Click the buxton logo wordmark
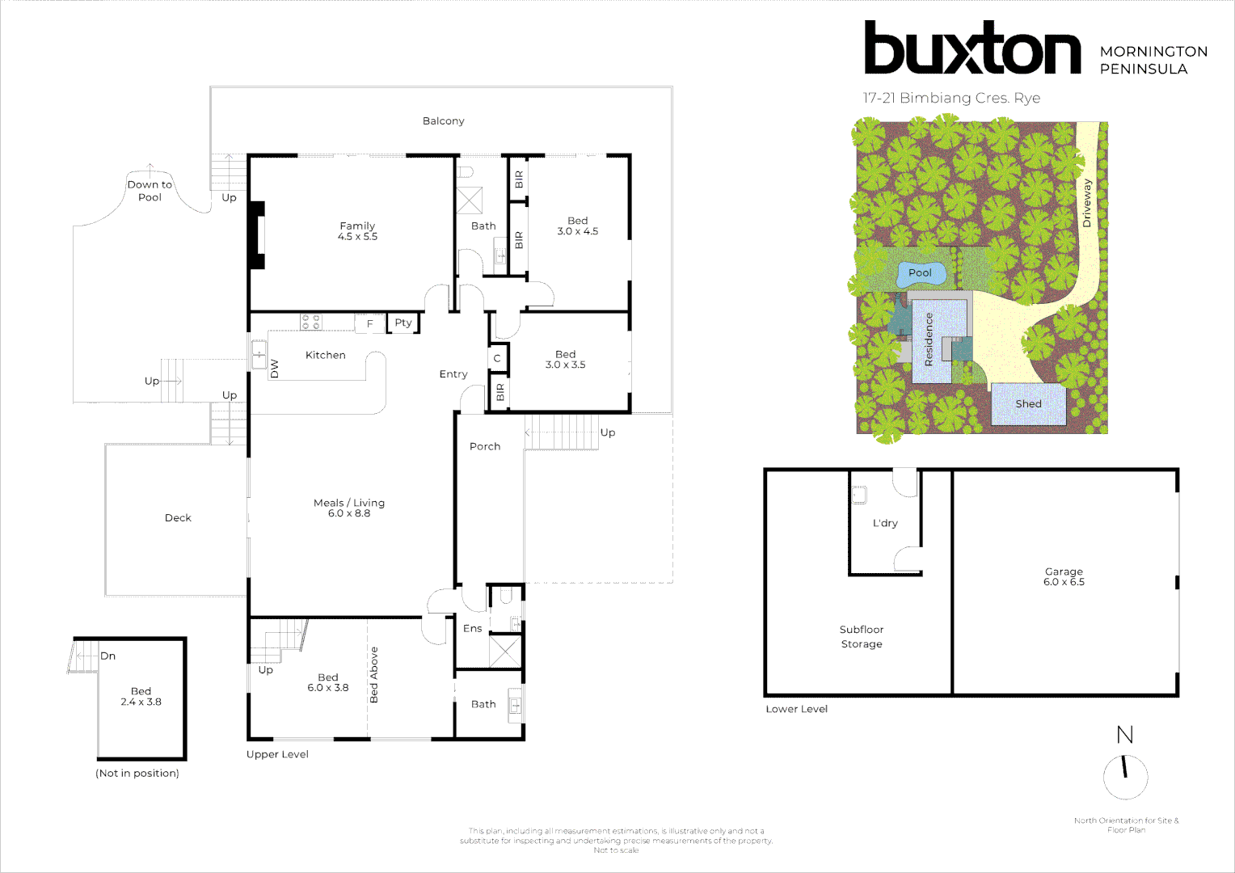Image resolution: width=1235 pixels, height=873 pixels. point(972,48)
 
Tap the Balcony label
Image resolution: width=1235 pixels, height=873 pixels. point(443,121)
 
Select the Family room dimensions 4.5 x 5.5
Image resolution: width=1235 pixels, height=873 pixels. point(357,237)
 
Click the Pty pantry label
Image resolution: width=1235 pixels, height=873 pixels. point(403,323)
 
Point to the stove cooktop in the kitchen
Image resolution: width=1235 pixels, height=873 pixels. point(311,323)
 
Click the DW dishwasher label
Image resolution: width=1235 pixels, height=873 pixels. point(275,369)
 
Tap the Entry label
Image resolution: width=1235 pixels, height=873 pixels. point(453,374)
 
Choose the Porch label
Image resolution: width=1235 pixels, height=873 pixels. point(485,446)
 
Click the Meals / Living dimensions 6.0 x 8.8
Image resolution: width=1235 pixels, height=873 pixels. point(349,513)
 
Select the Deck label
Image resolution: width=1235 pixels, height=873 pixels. point(178,518)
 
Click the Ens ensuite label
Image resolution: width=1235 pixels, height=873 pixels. point(472,628)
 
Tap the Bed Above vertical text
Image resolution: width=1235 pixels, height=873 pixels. point(373,675)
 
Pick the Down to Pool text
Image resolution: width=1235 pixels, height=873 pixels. point(150,191)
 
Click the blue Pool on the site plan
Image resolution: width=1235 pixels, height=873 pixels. point(921,274)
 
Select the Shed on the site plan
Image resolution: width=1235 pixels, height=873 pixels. point(1028,404)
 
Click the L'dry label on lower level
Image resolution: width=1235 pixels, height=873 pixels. point(885,523)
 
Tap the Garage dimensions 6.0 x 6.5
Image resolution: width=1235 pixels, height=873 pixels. point(1064,582)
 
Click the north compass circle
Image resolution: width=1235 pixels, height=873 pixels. point(1125,777)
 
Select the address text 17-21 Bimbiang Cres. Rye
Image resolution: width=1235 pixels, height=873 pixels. point(951,99)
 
